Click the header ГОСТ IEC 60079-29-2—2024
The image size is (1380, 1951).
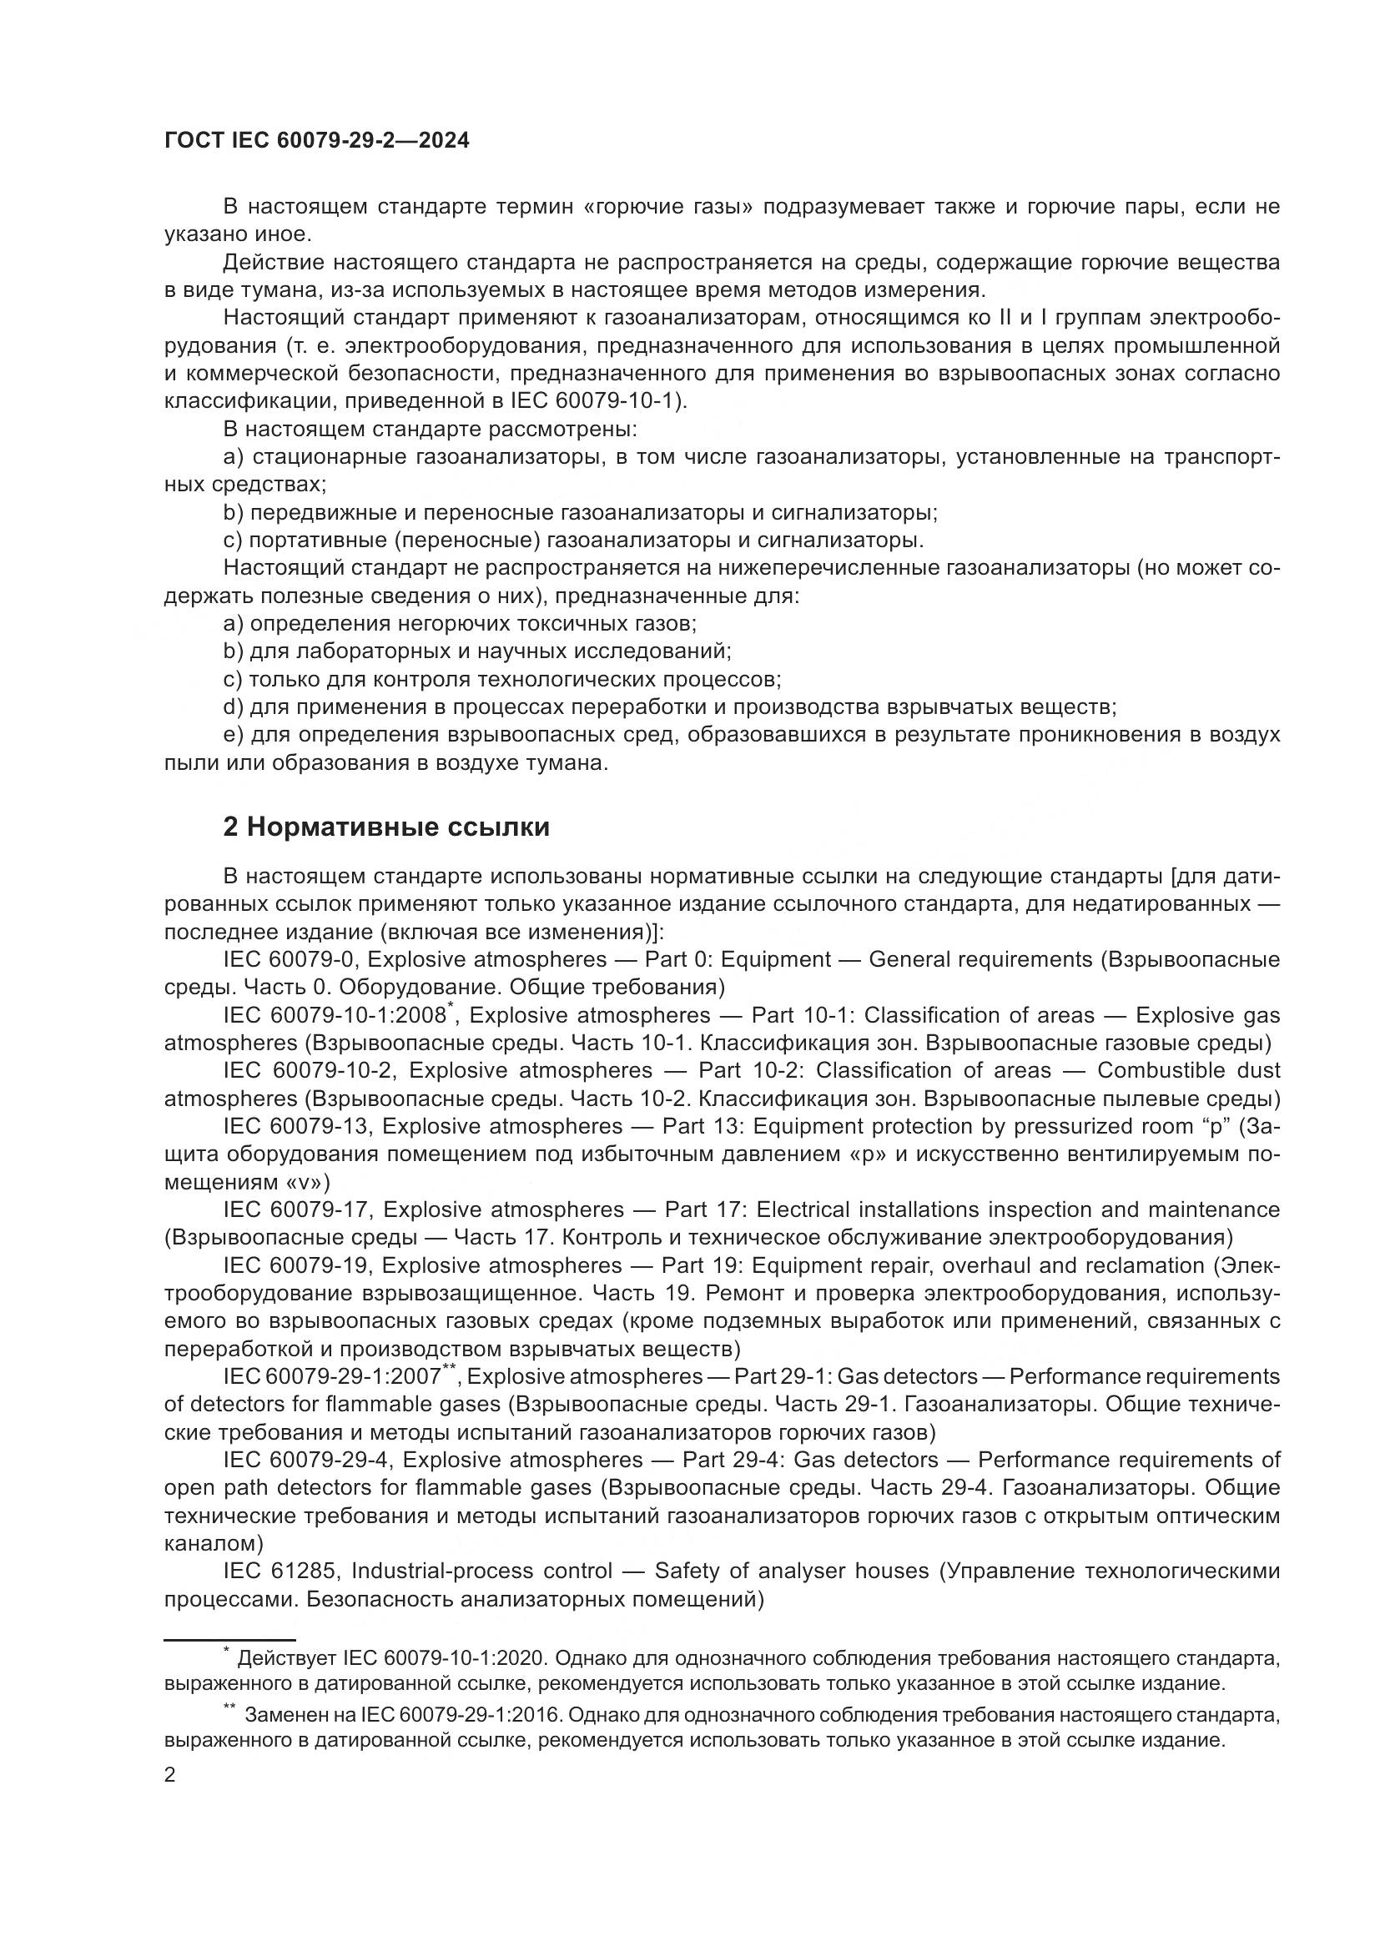tap(316, 141)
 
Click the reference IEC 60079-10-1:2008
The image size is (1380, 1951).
tap(335, 1015)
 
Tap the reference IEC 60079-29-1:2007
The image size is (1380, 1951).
tap(332, 1376)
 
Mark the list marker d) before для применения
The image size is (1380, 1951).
tap(233, 707)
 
